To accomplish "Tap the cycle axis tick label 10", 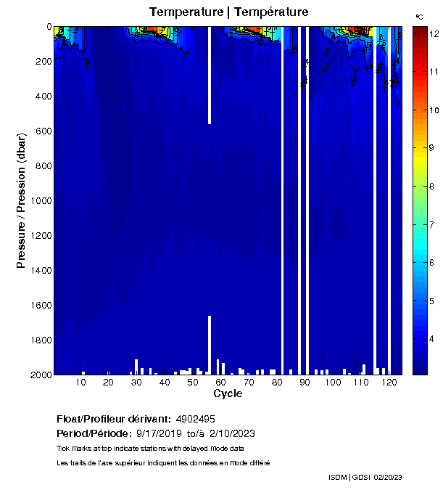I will point(80,382).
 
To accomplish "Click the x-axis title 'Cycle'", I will point(228,393).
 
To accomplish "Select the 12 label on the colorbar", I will point(434,34).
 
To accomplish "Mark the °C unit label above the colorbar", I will point(419,16).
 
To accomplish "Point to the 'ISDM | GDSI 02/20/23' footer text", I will point(365,477).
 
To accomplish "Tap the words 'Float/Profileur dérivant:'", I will point(114,419).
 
